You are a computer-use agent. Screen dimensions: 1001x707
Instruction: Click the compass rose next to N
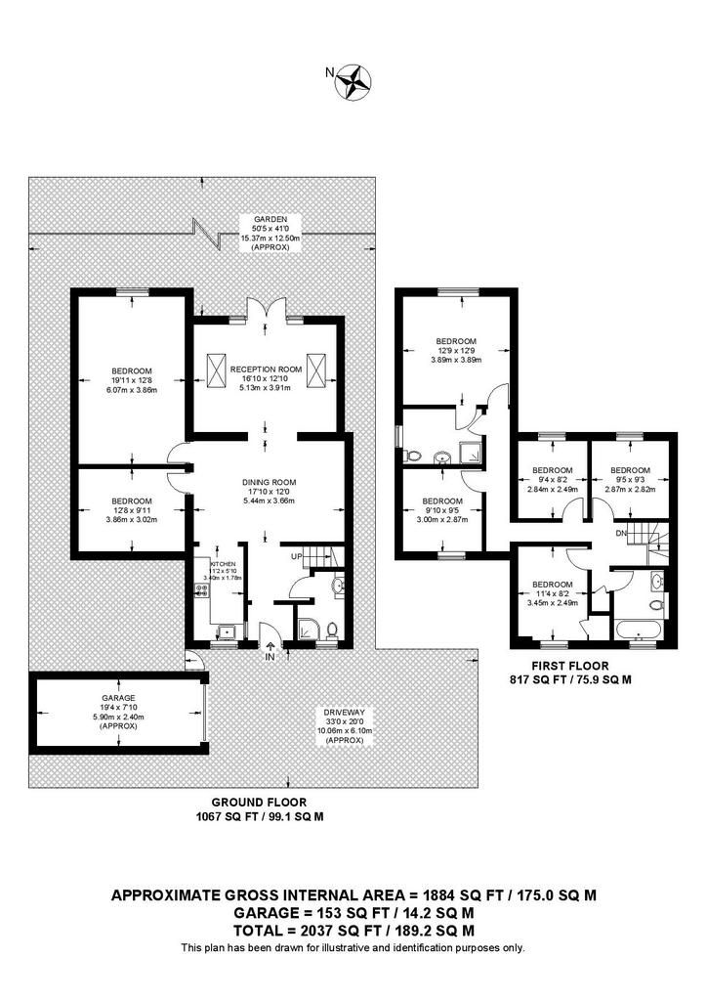coord(353,81)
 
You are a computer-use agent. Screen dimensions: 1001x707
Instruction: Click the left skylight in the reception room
coord(216,368)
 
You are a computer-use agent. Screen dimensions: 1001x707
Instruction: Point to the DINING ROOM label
coord(269,482)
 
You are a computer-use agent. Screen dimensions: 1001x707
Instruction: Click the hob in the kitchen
coord(202,589)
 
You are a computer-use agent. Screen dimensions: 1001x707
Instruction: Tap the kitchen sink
coord(225,630)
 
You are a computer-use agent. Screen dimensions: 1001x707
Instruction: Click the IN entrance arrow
coord(270,648)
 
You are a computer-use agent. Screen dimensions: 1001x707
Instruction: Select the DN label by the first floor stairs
coord(619,533)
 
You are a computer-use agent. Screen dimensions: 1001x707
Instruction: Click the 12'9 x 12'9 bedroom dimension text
coord(456,350)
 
